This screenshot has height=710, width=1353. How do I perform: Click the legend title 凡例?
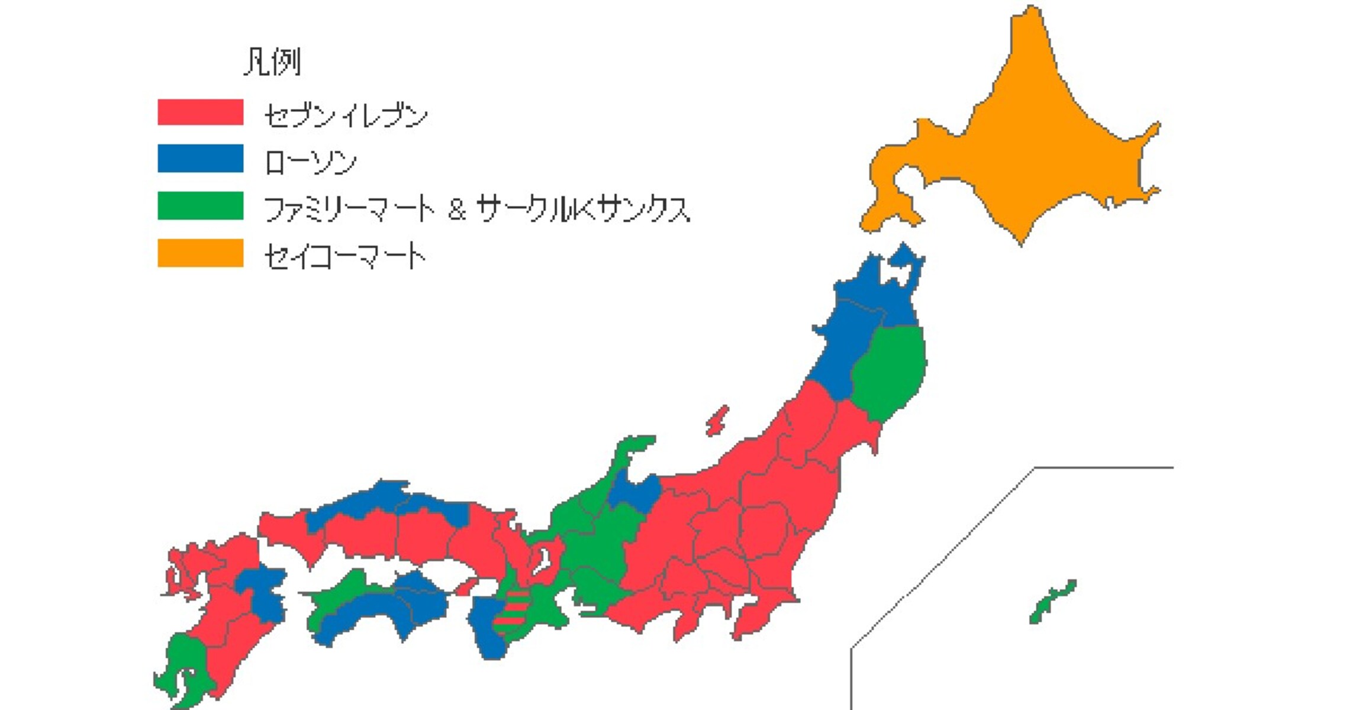[x=272, y=62]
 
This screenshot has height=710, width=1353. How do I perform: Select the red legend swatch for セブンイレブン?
[x=200, y=112]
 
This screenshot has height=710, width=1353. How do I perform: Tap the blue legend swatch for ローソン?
[x=200, y=159]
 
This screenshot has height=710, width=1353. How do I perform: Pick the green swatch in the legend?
[x=200, y=206]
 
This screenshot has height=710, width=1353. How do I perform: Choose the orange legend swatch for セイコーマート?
[x=200, y=253]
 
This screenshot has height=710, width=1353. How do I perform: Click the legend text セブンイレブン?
[x=346, y=115]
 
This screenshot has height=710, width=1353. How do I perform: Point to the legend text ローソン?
[x=310, y=162]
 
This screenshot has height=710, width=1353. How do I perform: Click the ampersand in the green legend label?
[x=456, y=209]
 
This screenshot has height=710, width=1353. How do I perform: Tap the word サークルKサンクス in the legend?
[x=583, y=209]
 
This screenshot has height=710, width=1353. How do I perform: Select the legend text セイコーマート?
[x=344, y=256]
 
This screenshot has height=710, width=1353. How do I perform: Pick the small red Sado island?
[x=717, y=421]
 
